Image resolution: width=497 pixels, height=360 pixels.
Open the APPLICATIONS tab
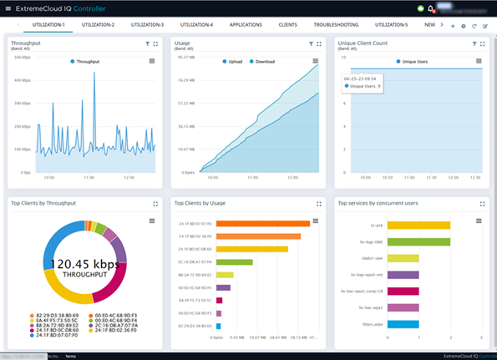coord(246,25)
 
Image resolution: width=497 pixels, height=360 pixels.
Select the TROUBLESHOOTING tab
coord(336,25)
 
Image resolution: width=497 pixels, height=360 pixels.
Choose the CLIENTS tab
coord(287,25)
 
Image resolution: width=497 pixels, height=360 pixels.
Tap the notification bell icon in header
coord(431,9)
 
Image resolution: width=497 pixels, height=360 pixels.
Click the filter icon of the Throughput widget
coord(147,43)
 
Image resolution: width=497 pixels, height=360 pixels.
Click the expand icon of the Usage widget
coord(319,43)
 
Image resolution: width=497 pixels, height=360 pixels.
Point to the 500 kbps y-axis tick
coord(22,57)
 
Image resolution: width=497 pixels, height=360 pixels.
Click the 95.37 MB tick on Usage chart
coord(185,57)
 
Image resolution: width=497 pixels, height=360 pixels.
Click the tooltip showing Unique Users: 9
coord(362,82)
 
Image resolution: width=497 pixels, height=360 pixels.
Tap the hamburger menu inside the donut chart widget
coord(151,221)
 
